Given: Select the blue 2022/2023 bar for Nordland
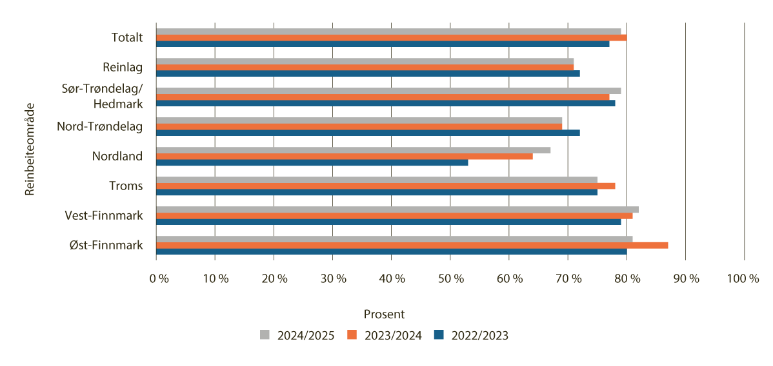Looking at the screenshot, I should click(312, 162).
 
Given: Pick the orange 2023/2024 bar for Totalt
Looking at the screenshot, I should click(391, 37).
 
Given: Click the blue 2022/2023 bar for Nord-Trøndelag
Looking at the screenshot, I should click(368, 133).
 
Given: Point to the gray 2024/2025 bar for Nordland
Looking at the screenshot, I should click(353, 150).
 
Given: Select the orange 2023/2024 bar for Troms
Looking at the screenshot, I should click(385, 186).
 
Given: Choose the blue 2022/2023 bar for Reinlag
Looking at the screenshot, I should click(368, 73).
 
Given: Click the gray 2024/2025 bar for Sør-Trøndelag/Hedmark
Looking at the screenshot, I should click(388, 91).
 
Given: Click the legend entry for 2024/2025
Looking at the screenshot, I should click(297, 335).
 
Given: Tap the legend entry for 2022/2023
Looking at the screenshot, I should click(471, 335).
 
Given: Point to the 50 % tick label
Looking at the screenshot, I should click(451, 278).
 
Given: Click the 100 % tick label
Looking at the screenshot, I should click(743, 278).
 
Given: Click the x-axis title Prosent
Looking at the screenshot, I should click(384, 314).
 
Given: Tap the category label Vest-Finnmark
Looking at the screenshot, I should click(104, 215).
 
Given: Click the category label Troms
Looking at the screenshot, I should click(126, 186).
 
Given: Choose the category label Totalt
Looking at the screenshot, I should click(126, 37).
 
